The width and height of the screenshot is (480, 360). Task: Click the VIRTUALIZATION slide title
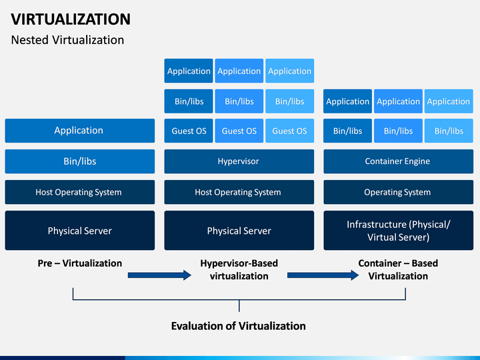point(71,19)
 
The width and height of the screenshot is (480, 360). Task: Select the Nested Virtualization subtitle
point(67,40)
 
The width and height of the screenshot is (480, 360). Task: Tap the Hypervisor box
point(239,161)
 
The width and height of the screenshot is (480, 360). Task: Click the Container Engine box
point(398,161)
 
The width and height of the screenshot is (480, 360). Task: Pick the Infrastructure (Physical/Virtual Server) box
point(398,231)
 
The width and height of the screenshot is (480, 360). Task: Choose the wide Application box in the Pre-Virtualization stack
point(79,131)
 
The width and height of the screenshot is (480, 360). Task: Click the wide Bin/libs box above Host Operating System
point(79,161)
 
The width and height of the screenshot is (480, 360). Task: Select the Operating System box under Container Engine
point(398,192)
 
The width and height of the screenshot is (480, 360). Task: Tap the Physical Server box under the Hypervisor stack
point(239,231)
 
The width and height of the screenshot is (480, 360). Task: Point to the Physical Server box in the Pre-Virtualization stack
point(79,231)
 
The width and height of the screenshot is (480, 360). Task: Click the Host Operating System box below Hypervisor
point(239,192)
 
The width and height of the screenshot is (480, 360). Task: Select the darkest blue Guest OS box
point(189,131)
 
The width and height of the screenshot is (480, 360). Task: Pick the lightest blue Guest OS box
point(289,131)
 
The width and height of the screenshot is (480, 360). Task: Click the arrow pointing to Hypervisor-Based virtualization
point(159,275)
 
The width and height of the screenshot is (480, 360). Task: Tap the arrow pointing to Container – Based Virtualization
point(323,275)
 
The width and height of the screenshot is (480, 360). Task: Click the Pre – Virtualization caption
point(79,263)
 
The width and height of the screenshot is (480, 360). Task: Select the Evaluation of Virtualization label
point(239,326)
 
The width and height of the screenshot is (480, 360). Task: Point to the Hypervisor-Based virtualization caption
point(239,270)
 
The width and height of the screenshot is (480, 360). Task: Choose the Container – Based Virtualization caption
point(398,270)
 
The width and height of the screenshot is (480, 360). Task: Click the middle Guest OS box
point(239,131)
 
